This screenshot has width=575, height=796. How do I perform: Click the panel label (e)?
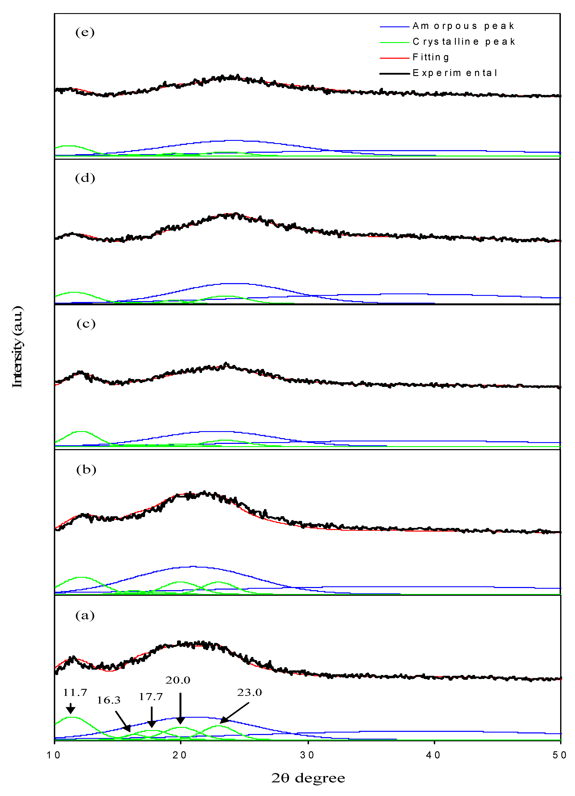[85, 33]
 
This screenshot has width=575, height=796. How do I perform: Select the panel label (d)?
[85, 178]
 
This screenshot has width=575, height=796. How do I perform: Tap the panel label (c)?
[86, 324]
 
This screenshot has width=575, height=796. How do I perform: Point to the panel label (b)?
[86, 470]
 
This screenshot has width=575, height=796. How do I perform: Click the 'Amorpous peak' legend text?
[463, 26]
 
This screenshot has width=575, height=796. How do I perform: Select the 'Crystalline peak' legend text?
[464, 42]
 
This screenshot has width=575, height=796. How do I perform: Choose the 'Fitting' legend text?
[431, 57]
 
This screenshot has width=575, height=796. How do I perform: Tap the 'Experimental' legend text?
[455, 73]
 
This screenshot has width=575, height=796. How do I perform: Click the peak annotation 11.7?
[75, 693]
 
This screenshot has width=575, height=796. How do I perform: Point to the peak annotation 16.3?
[109, 700]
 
